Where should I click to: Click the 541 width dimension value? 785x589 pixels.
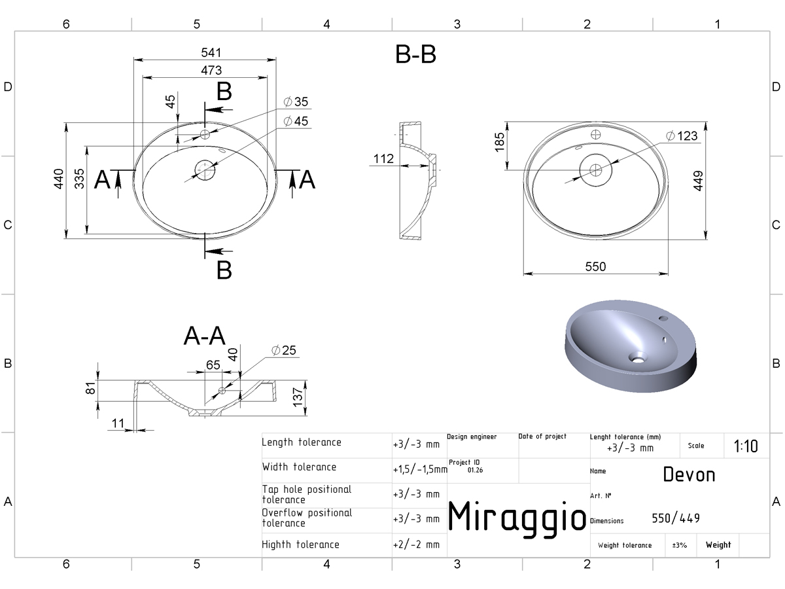tap(211, 52)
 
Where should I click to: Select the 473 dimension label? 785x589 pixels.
tap(211, 70)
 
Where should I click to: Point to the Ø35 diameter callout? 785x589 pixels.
tap(296, 101)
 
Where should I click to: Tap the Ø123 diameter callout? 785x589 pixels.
tap(682, 136)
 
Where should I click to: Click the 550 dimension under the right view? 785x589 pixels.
tap(595, 266)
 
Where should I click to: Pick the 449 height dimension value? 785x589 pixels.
tap(698, 181)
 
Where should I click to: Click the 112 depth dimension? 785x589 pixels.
tap(383, 158)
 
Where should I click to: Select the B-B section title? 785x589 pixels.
tap(415, 54)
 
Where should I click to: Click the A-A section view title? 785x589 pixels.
tap(205, 336)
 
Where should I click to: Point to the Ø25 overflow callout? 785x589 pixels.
tap(284, 350)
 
